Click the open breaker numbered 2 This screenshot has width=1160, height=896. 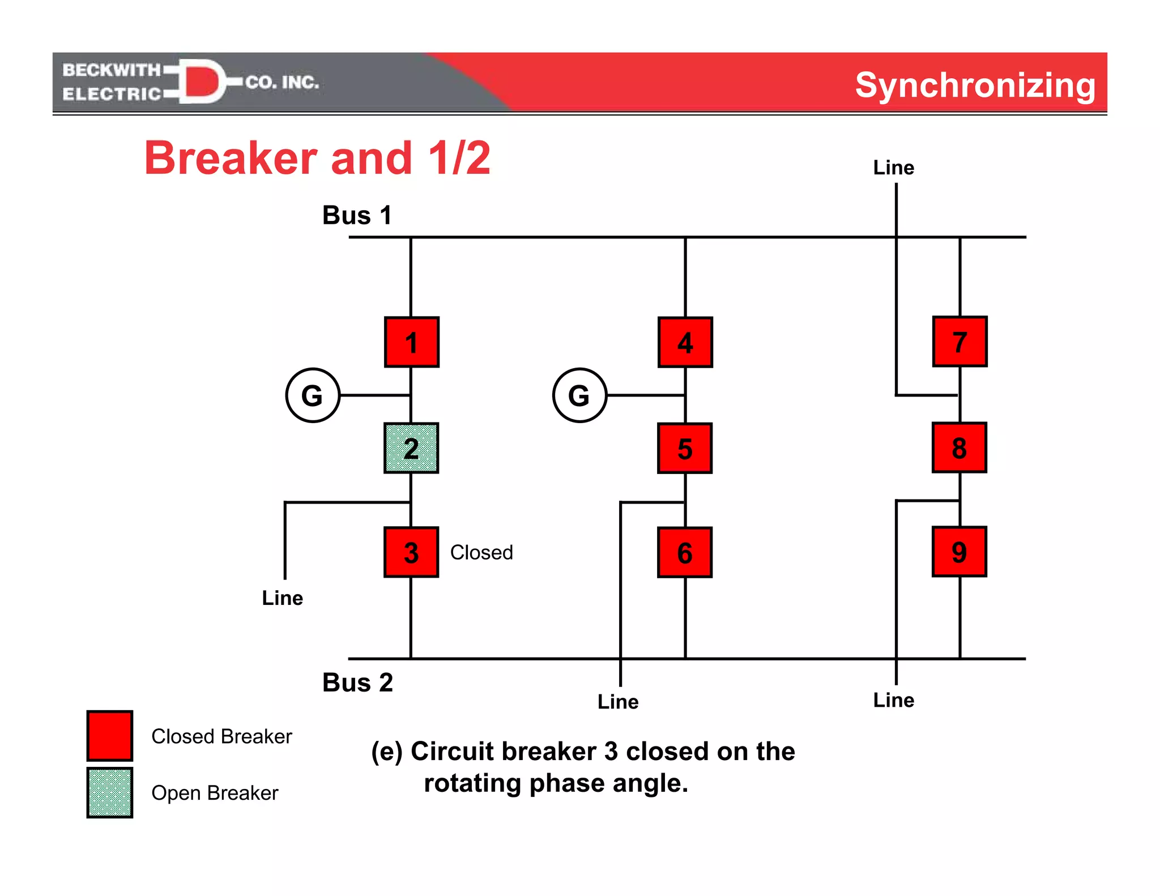pos(411,448)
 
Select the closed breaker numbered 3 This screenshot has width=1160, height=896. pos(411,552)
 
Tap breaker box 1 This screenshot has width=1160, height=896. pos(412,342)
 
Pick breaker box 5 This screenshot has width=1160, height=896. pos(685,448)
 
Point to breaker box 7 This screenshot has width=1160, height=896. pos(959,342)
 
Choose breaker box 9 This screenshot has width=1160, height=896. pos(959,552)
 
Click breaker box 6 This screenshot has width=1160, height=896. pos(685,552)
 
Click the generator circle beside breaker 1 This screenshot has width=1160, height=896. pos(313,395)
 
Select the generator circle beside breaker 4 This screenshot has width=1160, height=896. pos(579,395)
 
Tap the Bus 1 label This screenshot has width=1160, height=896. pos(357,215)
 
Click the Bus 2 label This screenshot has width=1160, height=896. pos(357,682)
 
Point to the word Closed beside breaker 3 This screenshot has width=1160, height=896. pos(481,552)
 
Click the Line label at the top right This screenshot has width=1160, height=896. pos(893,168)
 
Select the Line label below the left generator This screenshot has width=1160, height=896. pos(282,598)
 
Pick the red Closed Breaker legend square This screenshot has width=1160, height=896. pos(110,736)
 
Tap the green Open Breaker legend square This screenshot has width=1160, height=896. pos(110,792)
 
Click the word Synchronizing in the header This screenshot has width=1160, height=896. pos(975,85)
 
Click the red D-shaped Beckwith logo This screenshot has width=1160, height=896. pos(201,81)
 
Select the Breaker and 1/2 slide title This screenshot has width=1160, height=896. pos(317,158)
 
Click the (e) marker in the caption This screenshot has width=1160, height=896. pos(387,752)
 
